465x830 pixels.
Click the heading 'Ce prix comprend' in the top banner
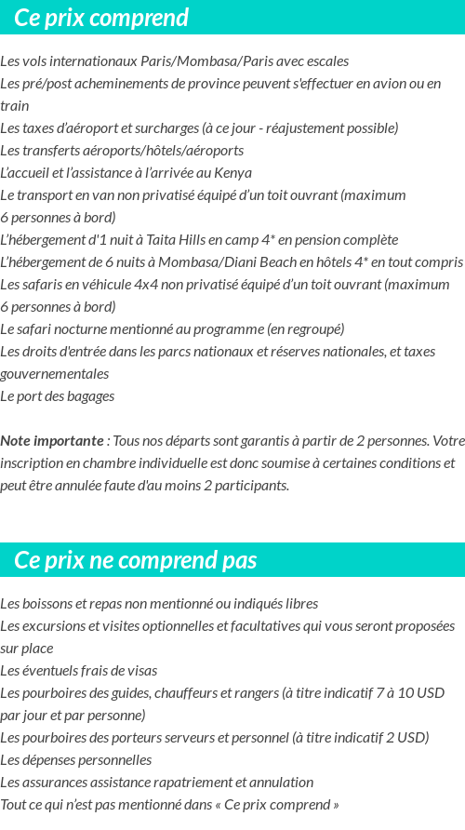tap(101, 18)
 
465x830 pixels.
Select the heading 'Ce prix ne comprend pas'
tap(136, 560)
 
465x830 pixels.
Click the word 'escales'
tap(327, 61)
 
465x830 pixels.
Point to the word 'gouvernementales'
tap(54, 374)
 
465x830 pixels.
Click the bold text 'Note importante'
tap(52, 440)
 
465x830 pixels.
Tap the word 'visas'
tap(141, 671)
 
